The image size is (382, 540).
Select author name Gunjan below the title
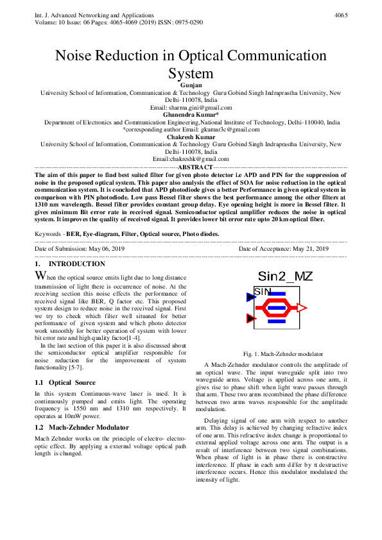(191, 85)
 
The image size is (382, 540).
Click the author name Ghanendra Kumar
(191, 115)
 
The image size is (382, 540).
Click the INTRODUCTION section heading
(77, 264)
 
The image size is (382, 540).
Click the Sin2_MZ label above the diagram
(285, 277)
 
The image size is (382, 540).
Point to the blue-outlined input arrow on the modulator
(250, 296)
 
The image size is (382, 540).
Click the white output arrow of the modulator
(301, 308)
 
